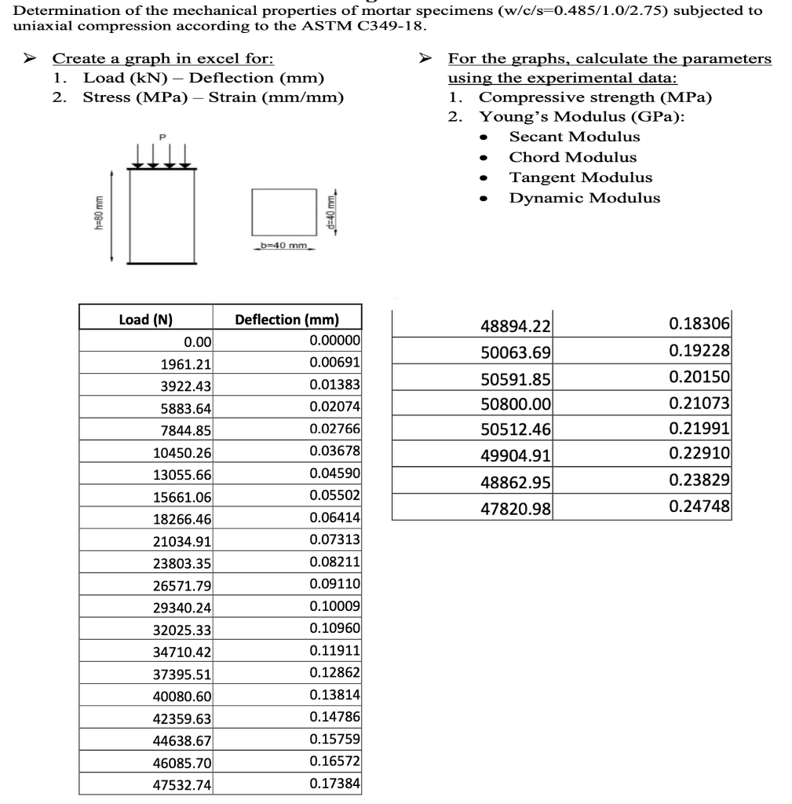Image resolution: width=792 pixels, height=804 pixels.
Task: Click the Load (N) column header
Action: coord(145,320)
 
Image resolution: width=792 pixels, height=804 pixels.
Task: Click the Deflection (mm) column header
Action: coord(287,320)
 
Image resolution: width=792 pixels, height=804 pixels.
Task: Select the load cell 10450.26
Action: coord(181,451)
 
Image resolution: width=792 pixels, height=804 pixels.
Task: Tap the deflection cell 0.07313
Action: coord(335,539)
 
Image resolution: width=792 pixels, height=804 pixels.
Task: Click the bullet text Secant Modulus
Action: coord(575,137)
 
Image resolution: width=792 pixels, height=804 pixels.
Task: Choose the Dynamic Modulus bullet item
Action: coord(585,198)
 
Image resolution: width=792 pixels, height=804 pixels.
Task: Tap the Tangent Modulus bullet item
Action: coord(580,177)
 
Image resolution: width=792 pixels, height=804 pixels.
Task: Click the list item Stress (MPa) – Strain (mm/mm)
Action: coord(213,97)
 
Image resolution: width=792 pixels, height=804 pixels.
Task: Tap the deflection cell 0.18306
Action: coord(699,323)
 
